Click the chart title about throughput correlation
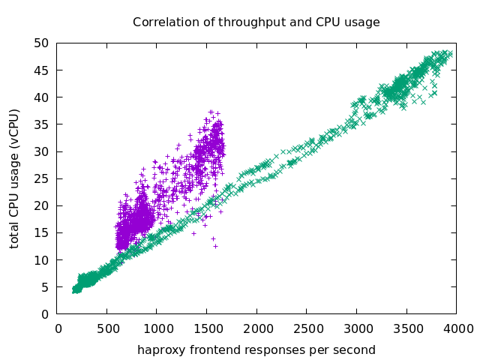point(256,22)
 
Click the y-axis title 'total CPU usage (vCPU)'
point(15,178)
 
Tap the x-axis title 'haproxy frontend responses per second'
point(256,350)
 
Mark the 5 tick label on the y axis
point(46,287)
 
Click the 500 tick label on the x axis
point(106,328)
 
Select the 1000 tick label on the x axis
point(156,328)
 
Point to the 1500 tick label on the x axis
point(206,328)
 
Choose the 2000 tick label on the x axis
point(256,328)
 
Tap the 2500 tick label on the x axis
point(306,328)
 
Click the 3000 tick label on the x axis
point(355,328)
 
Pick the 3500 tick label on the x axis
point(406,328)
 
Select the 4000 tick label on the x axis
point(455,328)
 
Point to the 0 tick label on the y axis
point(46,314)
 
